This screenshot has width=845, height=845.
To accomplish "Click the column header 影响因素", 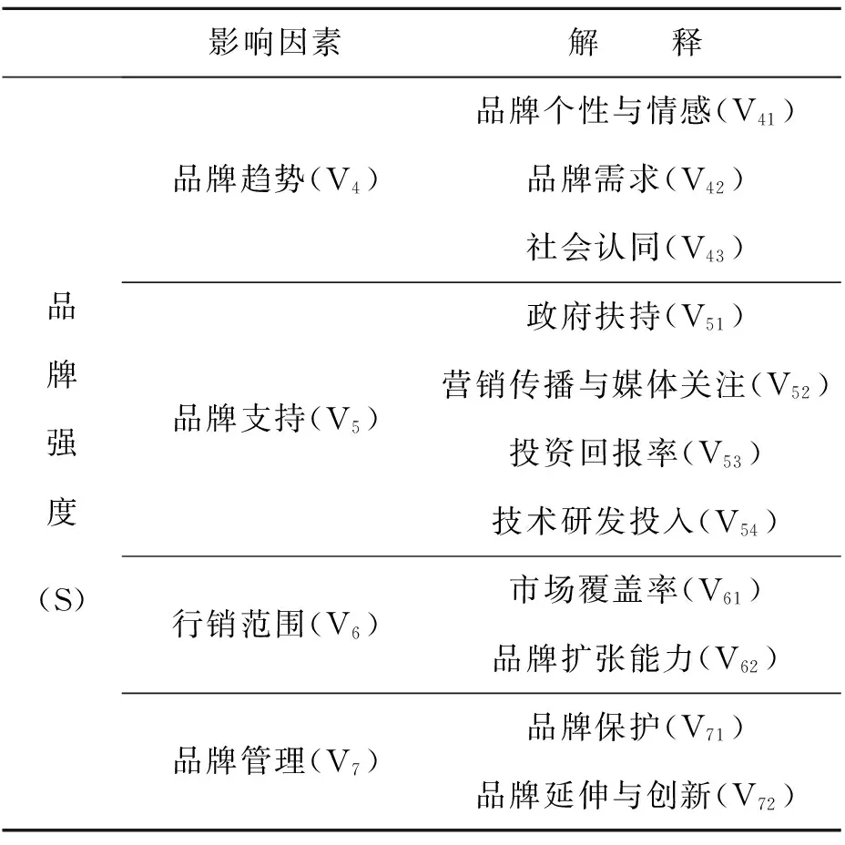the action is pyautogui.click(x=274, y=42).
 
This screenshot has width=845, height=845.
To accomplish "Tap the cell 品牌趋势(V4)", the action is pyautogui.click(x=275, y=179).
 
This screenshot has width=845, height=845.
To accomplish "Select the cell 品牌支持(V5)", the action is pyautogui.click(x=275, y=419).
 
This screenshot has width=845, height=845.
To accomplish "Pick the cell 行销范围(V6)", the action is pyautogui.click(x=275, y=625).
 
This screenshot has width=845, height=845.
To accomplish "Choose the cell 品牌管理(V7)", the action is pyautogui.click(x=275, y=761).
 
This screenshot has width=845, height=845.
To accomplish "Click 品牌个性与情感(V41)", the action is pyautogui.click(x=636, y=110).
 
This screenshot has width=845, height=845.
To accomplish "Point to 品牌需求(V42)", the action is pyautogui.click(x=636, y=179).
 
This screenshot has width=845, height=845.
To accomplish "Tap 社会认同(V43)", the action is pyautogui.click(x=636, y=248).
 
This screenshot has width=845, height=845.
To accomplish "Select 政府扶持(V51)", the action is pyautogui.click(x=636, y=316).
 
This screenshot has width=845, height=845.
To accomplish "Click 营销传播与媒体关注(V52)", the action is pyautogui.click(x=636, y=385).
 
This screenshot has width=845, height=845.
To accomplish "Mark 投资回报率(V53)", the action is pyautogui.click(x=636, y=453).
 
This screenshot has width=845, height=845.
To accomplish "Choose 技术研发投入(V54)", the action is pyautogui.click(x=636, y=522).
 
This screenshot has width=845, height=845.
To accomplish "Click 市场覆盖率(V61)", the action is pyautogui.click(x=636, y=590).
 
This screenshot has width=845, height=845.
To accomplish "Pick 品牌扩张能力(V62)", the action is pyautogui.click(x=636, y=658).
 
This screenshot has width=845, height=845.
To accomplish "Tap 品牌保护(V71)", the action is pyautogui.click(x=636, y=727).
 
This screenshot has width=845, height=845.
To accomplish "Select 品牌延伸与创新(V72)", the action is pyautogui.click(x=636, y=796).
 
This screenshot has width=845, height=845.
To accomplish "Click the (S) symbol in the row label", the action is pyautogui.click(x=62, y=599).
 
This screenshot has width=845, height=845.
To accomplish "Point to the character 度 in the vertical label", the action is pyautogui.click(x=62, y=512).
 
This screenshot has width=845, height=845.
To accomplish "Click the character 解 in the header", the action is pyautogui.click(x=584, y=42).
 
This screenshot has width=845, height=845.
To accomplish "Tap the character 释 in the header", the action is pyautogui.click(x=687, y=42).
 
